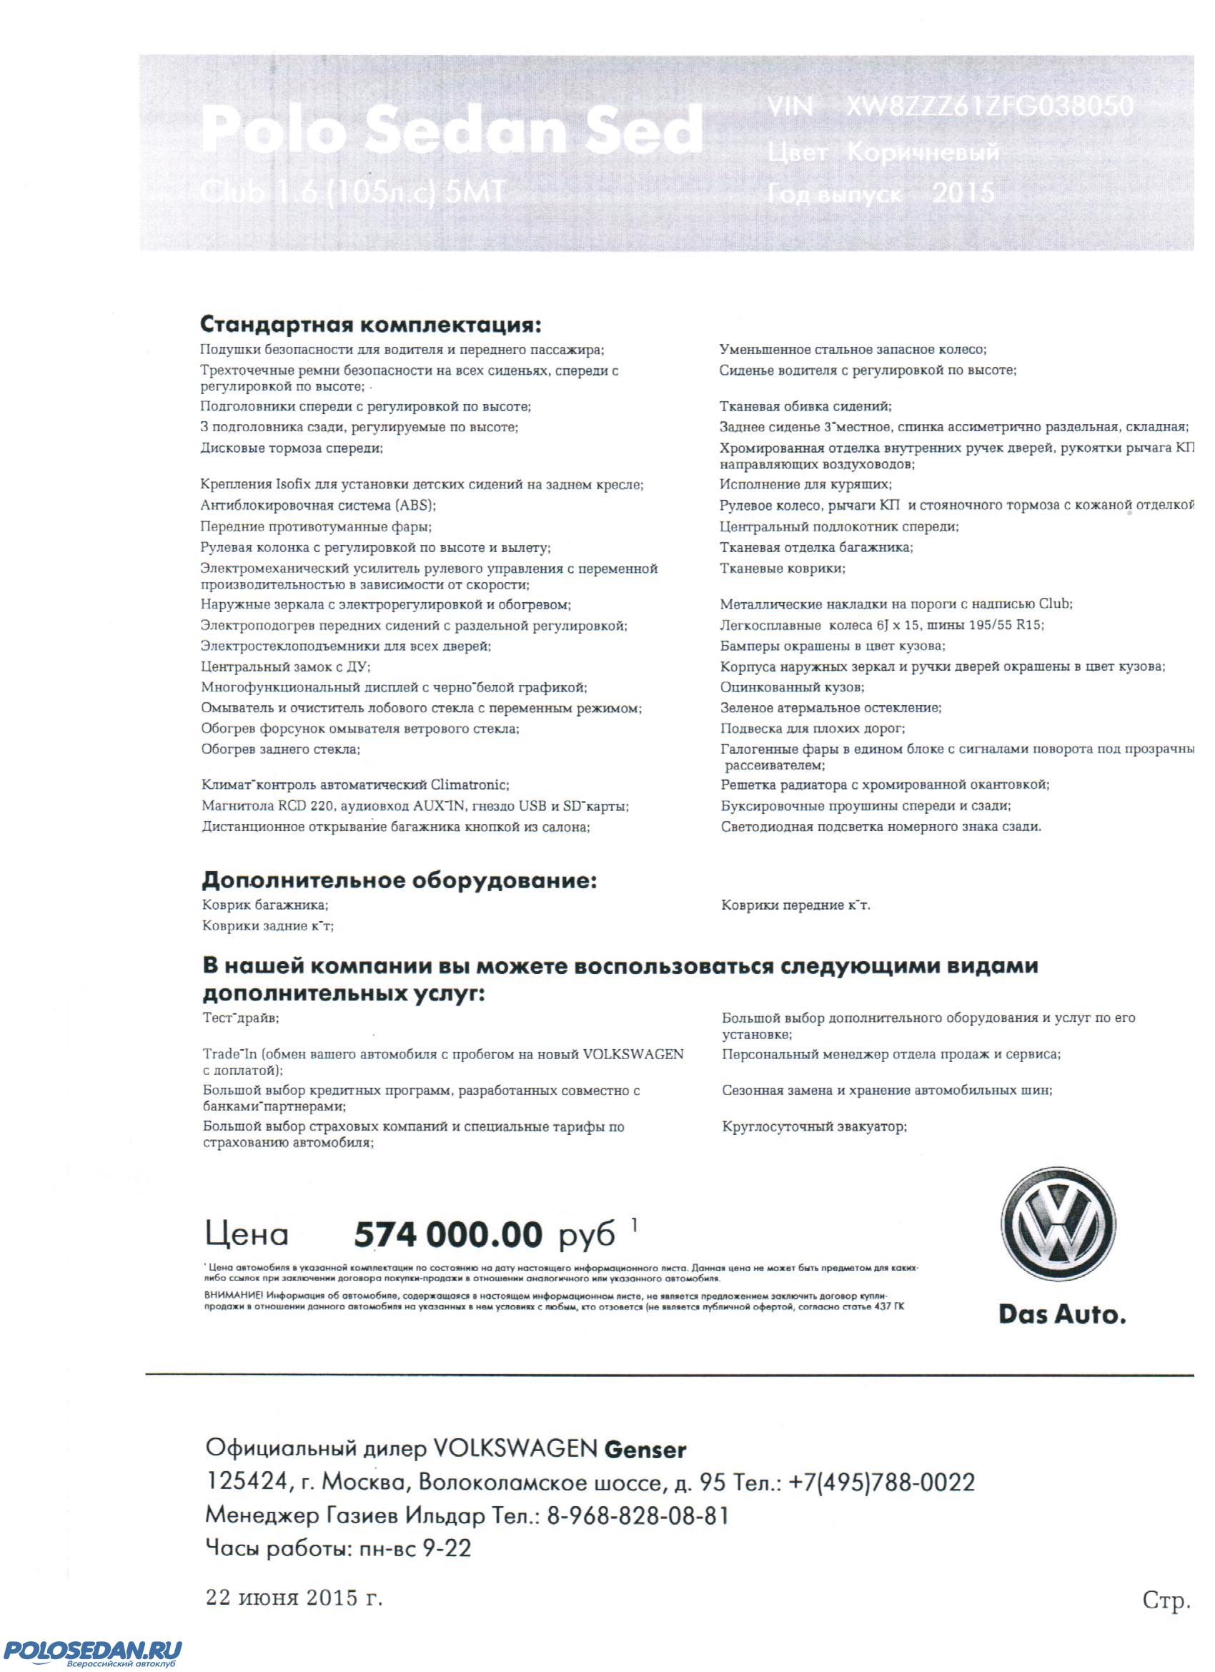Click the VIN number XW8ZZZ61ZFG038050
990,107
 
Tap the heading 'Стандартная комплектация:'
372,325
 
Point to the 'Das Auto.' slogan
1062,1314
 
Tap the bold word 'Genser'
645,1450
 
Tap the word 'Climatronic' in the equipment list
470,785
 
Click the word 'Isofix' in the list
294,485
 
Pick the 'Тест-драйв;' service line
241,1018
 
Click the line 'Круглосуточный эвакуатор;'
814,1126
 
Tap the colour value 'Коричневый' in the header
924,152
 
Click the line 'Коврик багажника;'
265,905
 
